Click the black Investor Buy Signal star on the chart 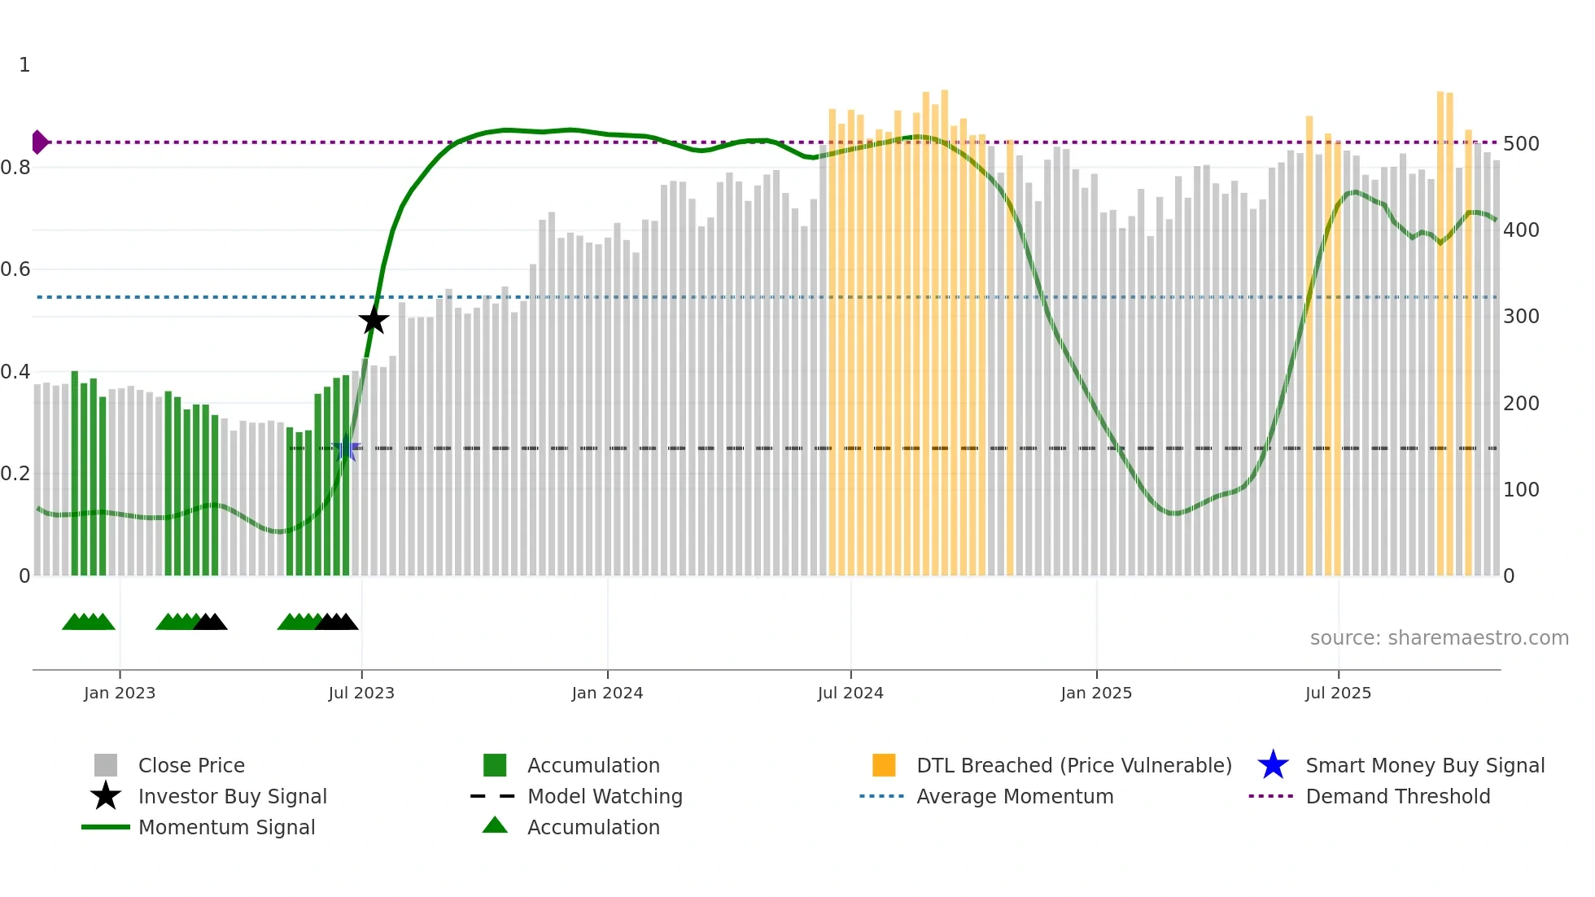[x=374, y=321]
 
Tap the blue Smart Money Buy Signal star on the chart [x=347, y=448]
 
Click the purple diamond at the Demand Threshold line [x=39, y=142]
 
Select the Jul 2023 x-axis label [x=361, y=693]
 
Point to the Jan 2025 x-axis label [x=1096, y=693]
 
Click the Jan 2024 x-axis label [x=607, y=693]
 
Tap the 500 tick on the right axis [x=1521, y=144]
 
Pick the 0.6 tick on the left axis [x=15, y=269]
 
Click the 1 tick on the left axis [x=24, y=65]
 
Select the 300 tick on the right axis [x=1521, y=317]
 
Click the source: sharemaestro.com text [x=1439, y=638]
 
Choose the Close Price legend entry [x=191, y=765]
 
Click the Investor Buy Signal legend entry [x=232, y=796]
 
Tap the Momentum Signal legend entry [x=226, y=827]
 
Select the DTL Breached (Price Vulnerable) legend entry [x=1073, y=765]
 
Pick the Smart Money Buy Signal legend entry [x=1425, y=765]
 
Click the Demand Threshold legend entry [x=1397, y=796]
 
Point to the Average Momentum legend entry [x=1015, y=796]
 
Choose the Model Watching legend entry [x=605, y=796]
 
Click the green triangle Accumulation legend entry [x=593, y=827]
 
